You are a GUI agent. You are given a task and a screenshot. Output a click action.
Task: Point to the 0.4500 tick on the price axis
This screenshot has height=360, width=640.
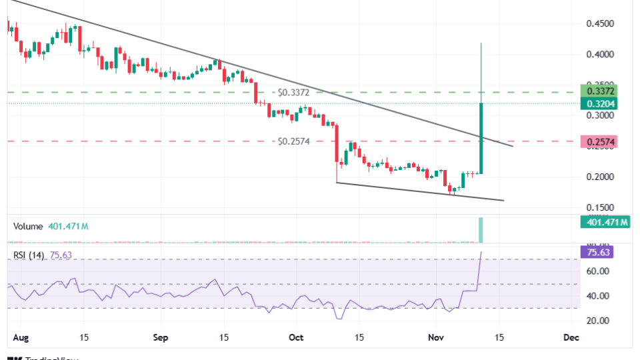coord(599,23)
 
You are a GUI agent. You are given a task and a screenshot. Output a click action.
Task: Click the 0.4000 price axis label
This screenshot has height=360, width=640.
coord(599,54)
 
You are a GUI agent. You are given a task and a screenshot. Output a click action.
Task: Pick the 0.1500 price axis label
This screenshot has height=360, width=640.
coord(599,207)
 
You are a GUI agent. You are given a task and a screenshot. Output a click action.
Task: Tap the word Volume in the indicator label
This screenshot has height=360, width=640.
coord(27,227)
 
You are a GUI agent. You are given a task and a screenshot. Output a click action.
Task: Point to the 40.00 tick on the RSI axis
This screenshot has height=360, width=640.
coord(597,296)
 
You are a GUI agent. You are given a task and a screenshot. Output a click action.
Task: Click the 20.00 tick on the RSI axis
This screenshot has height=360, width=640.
coord(597,321)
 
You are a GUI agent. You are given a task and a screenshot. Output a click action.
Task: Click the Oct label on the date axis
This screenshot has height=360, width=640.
coord(296,337)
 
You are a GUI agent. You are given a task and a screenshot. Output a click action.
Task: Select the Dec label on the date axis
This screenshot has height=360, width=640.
coord(571,337)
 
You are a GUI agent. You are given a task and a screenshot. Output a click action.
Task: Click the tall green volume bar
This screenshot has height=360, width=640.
coord(481,230)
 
